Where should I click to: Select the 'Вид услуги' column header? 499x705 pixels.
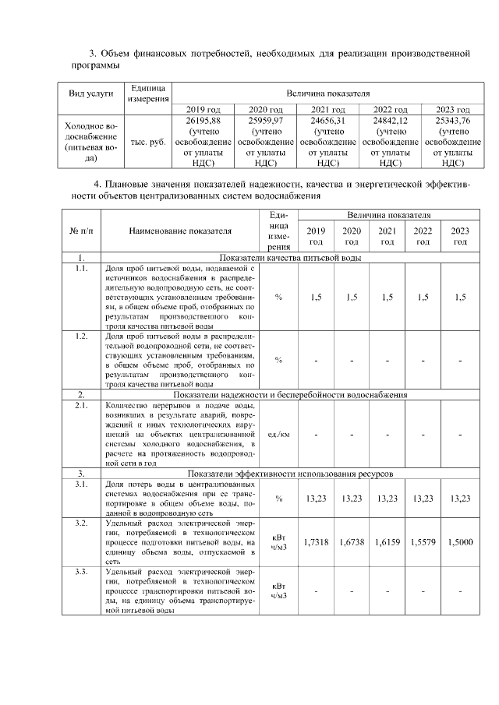click(91, 93)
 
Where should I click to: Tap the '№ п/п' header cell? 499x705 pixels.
click(80, 231)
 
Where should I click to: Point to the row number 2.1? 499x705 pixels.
click(80, 406)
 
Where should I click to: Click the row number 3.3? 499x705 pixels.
click(80, 573)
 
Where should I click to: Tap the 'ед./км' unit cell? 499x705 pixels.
click(278, 435)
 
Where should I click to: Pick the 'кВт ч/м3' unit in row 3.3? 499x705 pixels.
click(278, 591)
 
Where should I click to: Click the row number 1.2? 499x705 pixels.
click(80, 336)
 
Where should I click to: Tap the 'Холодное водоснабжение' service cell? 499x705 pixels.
click(91, 141)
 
